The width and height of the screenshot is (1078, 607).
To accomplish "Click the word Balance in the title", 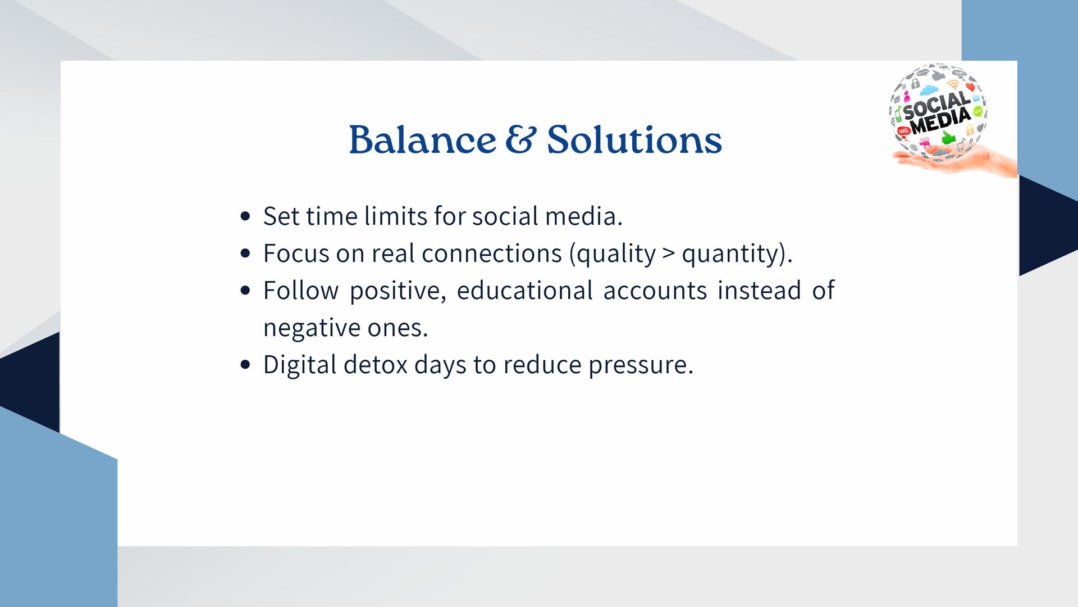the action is point(422,139).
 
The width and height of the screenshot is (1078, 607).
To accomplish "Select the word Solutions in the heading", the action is point(634,139).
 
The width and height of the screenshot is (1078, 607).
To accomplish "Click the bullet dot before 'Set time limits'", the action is point(245,216).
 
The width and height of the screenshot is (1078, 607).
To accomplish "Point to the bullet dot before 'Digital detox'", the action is point(245,365).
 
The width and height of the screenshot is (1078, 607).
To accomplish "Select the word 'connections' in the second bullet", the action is point(491,253).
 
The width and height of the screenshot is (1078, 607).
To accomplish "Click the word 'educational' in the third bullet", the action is point(524,291).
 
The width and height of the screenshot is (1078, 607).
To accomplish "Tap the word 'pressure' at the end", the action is point(641,365).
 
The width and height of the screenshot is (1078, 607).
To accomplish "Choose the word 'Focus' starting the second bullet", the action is point(296,253).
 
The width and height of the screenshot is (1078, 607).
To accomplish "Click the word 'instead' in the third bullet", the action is point(759,291).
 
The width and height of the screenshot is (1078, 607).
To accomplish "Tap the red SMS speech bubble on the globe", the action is point(903,131).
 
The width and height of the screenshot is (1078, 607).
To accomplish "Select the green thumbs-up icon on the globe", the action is point(948,137).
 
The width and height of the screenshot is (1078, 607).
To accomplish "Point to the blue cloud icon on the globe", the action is point(929,90).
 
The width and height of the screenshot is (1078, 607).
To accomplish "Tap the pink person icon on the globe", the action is point(907,97).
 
